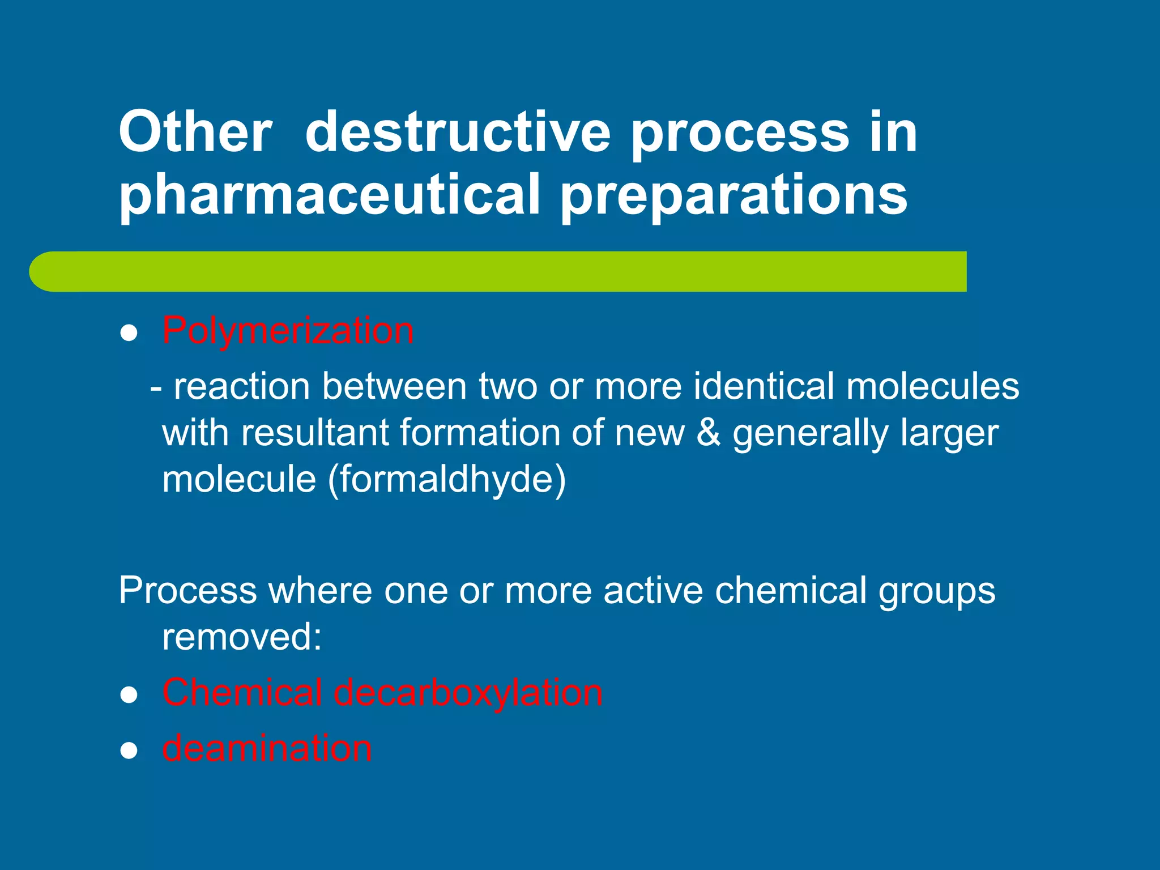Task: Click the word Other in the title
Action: pos(195,133)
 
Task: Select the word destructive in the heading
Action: pos(458,133)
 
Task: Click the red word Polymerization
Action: pos(288,330)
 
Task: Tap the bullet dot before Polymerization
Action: pos(129,334)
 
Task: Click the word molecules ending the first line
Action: pos(933,386)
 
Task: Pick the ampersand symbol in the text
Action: pos(708,433)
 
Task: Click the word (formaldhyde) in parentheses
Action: pos(447,479)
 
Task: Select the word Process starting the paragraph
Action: pos(188,590)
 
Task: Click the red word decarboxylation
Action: pos(468,693)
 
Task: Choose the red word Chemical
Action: pos(242,692)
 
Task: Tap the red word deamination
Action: pos(267,748)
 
